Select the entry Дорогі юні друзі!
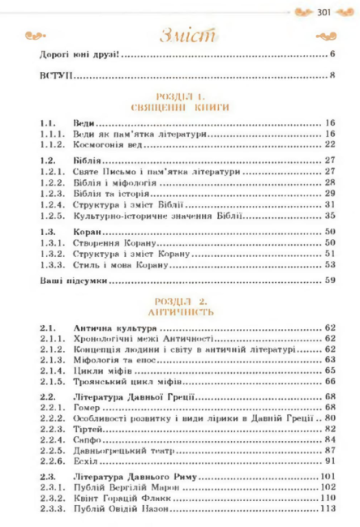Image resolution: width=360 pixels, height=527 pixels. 79,56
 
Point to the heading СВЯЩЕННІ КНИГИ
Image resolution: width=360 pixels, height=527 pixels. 180,106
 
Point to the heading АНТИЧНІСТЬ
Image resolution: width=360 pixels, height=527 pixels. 180,311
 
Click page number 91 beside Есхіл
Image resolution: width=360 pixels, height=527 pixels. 330,459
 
